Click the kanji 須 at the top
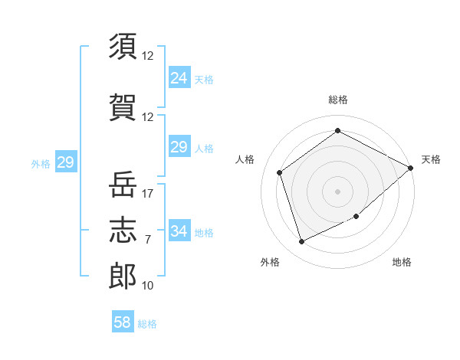point(123,46)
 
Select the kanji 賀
point(123,107)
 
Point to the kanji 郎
point(123,277)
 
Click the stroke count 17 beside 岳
point(147,194)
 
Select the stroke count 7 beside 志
point(148,240)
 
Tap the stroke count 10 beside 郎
point(147,286)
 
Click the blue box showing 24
point(179,77)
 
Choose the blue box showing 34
point(179,230)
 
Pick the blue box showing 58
point(123,321)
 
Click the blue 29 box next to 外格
point(66,162)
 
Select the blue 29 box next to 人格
point(179,146)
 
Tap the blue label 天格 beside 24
point(204,80)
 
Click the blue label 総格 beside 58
point(147,324)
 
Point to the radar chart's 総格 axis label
point(338,100)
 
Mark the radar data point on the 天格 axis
point(410,168)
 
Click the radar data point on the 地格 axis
point(356,216)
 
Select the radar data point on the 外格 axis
point(301,241)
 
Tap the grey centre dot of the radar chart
point(337,191)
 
